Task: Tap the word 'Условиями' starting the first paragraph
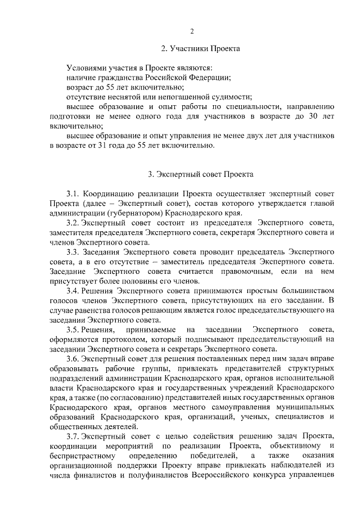pos(86,67)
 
